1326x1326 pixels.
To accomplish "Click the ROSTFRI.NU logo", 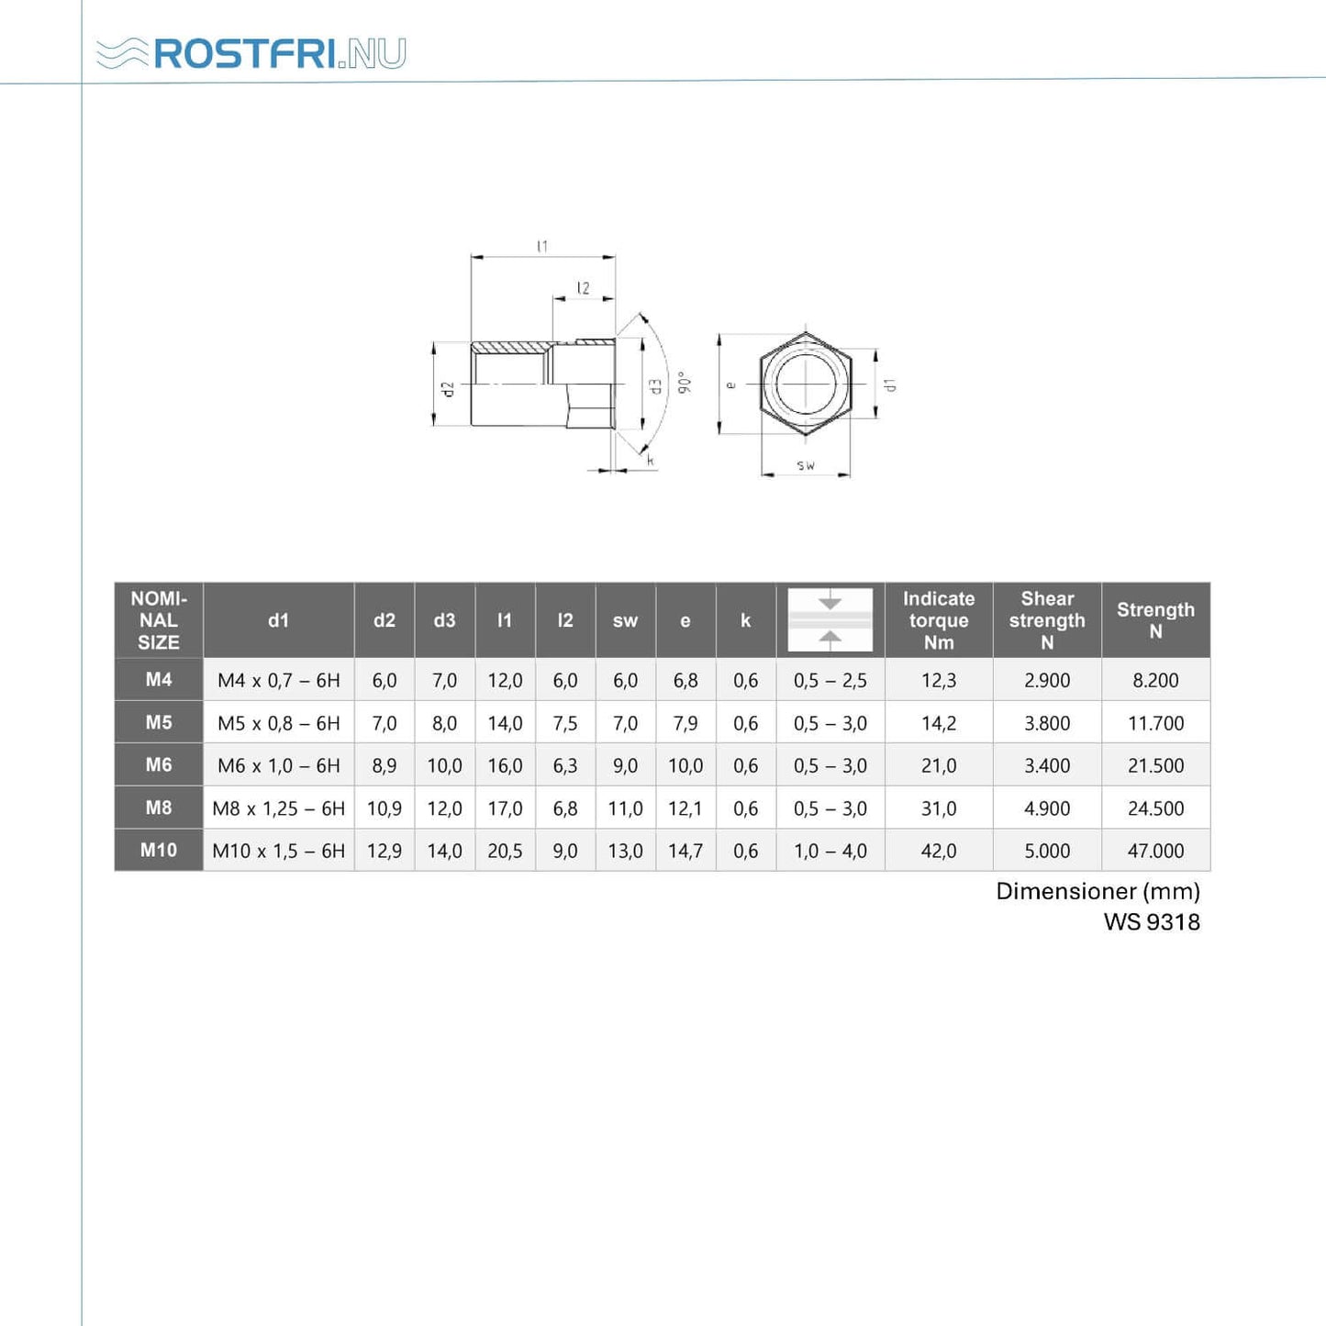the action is (251, 53).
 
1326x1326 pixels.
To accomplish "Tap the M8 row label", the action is (158, 808).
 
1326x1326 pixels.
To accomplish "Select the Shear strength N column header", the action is (1047, 620).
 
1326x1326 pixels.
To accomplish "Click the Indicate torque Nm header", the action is (939, 620).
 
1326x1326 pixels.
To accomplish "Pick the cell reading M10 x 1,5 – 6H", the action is (279, 851).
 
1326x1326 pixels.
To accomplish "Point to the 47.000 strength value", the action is (1155, 851).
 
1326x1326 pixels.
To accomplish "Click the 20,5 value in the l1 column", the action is (505, 851).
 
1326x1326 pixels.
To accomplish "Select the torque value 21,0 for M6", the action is (939, 765).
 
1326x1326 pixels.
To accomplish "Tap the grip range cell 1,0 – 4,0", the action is (830, 851).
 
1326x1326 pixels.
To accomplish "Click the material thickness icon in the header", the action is (830, 619).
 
